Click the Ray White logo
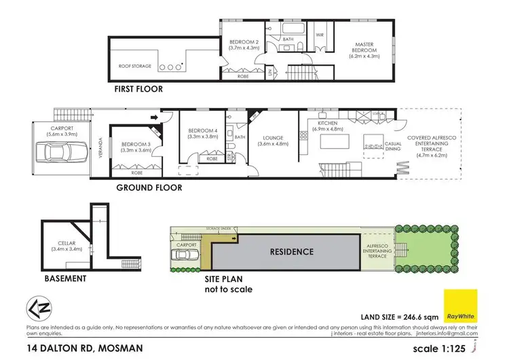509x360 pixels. pyautogui.click(x=460, y=305)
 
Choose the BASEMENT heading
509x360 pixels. pyautogui.click(x=64, y=278)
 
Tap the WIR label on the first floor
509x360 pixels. pyautogui.click(x=321, y=33)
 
